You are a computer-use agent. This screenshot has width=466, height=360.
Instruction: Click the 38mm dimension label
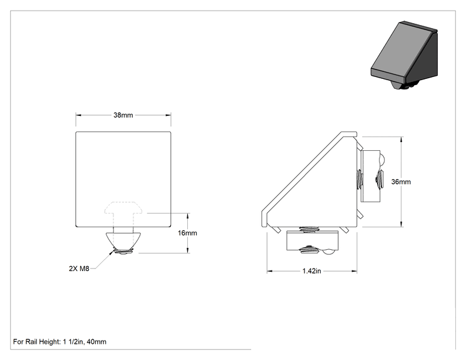pos(123,115)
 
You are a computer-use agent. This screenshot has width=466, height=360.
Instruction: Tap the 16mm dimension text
pos(187,233)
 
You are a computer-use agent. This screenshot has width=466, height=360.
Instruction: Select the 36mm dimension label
pos(401,182)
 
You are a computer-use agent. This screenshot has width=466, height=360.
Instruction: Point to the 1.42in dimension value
pos(311,271)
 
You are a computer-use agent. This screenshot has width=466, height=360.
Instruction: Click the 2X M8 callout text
pos(79,269)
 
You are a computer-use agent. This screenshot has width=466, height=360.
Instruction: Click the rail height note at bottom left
pos(60,342)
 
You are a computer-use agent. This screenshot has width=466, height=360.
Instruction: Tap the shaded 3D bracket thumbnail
pos(404,55)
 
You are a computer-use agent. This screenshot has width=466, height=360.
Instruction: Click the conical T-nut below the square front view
pos(123,240)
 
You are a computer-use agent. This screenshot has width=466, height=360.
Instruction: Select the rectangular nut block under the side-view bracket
pos(313,241)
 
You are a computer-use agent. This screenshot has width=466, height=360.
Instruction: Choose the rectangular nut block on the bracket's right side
pos(371,176)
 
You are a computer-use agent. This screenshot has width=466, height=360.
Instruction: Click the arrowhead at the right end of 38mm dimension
pos(168,115)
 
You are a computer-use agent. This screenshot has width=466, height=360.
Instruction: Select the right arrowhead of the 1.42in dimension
pos(355,271)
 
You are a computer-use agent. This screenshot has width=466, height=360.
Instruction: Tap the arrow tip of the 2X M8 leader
pos(113,251)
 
